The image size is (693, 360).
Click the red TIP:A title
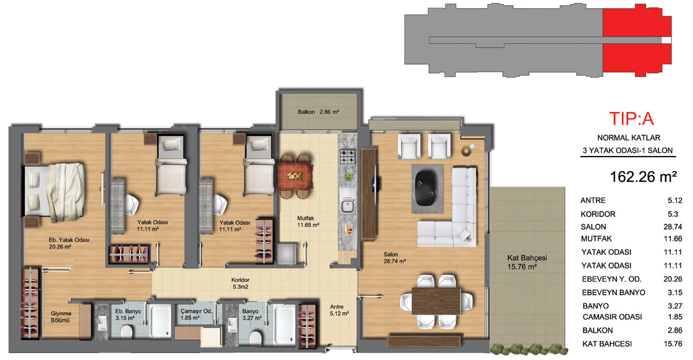(x=631, y=118)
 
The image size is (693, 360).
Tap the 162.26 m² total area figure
(x=643, y=177)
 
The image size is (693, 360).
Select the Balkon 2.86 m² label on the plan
(x=318, y=112)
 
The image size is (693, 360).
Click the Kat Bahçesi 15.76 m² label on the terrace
(x=527, y=262)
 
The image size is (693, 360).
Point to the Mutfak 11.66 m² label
(x=308, y=221)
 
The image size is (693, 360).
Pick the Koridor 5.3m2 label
(x=240, y=283)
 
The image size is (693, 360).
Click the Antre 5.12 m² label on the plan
(x=339, y=310)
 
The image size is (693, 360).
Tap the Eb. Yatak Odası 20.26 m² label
(x=69, y=243)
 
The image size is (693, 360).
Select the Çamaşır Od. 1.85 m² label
(x=196, y=314)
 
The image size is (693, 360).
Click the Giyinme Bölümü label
(x=61, y=317)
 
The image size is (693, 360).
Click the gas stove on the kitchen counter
(x=348, y=157)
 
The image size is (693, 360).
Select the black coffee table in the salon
(x=427, y=188)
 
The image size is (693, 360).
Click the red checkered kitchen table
(x=295, y=176)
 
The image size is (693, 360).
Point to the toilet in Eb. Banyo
(x=126, y=331)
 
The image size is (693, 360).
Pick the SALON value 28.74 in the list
(x=673, y=227)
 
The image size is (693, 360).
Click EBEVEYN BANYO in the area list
(x=613, y=292)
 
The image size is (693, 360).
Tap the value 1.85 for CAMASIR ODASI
(x=675, y=317)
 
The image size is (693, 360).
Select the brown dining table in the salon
(x=436, y=301)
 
